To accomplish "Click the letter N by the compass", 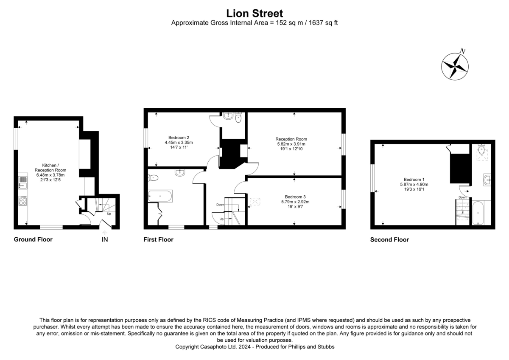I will coord(463,51).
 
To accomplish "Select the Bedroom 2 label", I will coord(179,137).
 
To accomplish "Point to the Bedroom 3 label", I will coord(295,197).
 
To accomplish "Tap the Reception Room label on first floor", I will coord(291,139).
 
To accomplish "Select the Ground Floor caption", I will coord(33,239).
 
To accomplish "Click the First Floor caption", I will coord(158,239).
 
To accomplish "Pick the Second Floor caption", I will coord(389,239).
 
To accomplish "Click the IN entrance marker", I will coord(105,240).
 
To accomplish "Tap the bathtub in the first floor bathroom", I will coord(160,196).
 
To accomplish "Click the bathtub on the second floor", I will coord(478,213).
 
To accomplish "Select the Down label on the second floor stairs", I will coord(462,197).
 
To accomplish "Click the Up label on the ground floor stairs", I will coord(109,214).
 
